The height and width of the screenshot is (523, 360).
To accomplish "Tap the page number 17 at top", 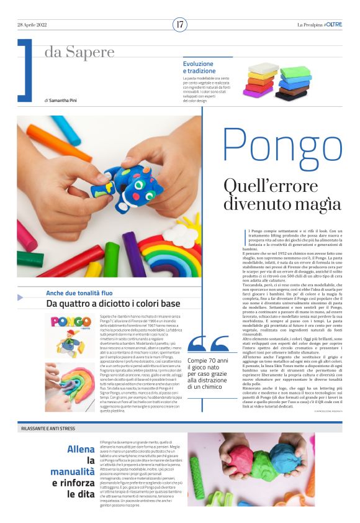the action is [x=180, y=24].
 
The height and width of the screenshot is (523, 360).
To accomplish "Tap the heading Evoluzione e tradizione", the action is [x=198, y=67].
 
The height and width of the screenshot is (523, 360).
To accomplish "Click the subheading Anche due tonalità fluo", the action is [x=79, y=293].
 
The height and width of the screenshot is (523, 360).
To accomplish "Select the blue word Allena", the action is [x=81, y=448].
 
